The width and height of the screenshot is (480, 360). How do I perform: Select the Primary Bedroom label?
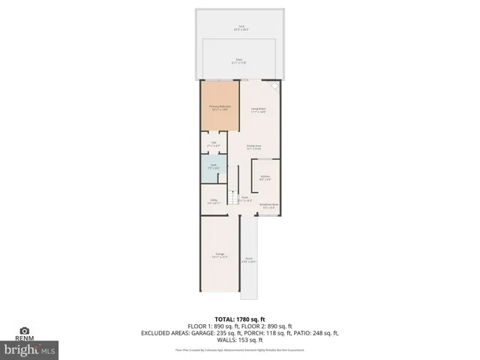pyautogui.click(x=219, y=109)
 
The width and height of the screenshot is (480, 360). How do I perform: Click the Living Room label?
pyautogui.click(x=259, y=110)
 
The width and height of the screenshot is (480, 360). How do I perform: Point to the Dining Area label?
pyautogui.click(x=253, y=147)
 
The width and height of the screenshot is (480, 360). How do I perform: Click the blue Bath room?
pyautogui.click(x=213, y=167)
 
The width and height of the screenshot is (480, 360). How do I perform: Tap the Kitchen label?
pyautogui.click(x=265, y=178)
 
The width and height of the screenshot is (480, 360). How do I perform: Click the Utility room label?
pyautogui.click(x=213, y=201)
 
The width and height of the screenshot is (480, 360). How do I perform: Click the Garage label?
pyautogui.click(x=220, y=256)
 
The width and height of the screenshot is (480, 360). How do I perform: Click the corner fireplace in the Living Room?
pyautogui.click(x=274, y=86)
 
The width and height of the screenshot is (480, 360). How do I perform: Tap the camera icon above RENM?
pyautogui.click(x=24, y=331)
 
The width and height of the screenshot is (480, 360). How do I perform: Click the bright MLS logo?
pyautogui.click(x=29, y=349)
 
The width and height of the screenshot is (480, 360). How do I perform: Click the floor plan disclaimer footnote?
pyautogui.click(x=240, y=350)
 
